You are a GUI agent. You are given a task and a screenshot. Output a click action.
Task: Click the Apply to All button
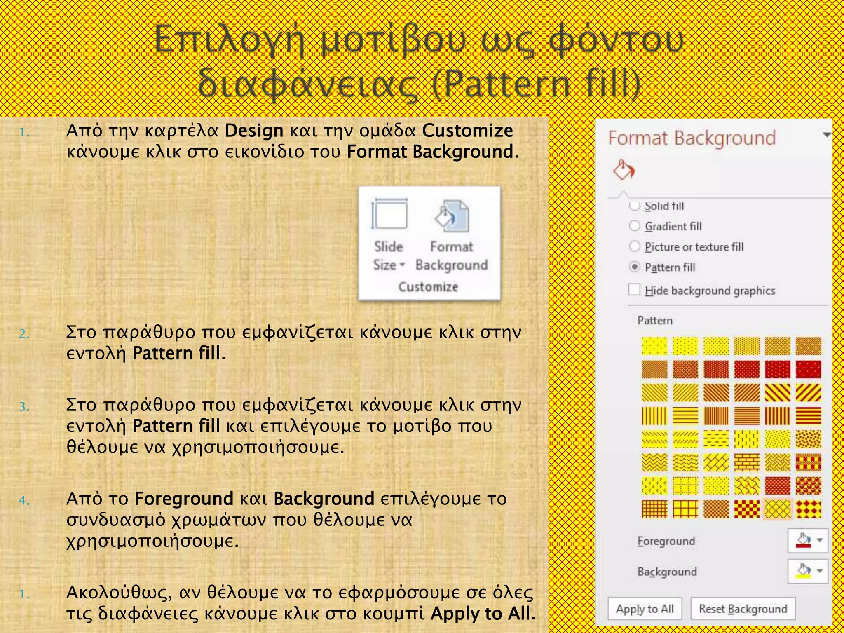click(645, 609)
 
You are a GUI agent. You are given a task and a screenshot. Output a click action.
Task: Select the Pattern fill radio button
click(635, 267)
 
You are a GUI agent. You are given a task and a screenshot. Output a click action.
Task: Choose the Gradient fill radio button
click(635, 226)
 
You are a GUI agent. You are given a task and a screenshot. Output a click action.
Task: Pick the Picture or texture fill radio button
click(635, 246)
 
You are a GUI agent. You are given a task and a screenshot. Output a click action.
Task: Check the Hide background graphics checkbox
click(634, 290)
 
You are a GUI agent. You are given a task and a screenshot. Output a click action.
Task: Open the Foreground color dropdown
click(820, 540)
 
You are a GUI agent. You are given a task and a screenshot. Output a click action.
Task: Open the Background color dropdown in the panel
click(820, 571)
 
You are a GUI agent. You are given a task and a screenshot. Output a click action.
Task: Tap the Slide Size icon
click(389, 214)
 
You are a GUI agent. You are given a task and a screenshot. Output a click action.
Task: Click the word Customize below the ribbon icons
click(428, 287)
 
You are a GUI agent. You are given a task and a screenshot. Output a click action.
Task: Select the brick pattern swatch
click(747, 462)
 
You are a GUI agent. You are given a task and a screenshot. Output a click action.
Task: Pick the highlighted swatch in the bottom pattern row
click(778, 509)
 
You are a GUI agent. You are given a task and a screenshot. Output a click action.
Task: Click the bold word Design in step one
click(254, 131)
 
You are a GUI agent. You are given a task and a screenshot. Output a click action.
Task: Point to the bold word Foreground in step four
click(184, 499)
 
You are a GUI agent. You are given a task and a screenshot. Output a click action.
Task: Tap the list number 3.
click(24, 407)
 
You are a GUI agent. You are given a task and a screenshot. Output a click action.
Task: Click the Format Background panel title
click(692, 138)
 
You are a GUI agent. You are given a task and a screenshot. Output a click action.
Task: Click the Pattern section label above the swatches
click(655, 321)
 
